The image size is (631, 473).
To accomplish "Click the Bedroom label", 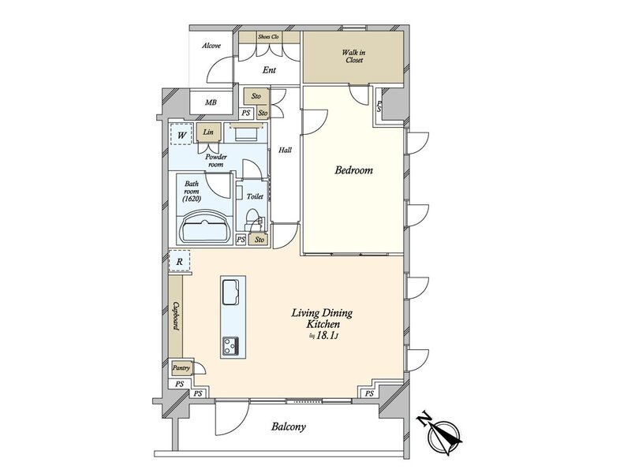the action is click(353, 170).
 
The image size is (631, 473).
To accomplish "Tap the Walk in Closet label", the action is click(353, 56).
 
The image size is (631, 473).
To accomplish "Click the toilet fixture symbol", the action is click(254, 221).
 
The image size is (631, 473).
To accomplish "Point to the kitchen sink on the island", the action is click(230, 292).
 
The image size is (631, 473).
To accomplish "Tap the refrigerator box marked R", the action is click(180, 262).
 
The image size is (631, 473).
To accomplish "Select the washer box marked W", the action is click(181, 135).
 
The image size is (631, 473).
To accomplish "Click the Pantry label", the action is click(181, 367).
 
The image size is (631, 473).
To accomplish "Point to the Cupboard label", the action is click(176, 316).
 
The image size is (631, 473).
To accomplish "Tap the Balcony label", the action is click(288, 426).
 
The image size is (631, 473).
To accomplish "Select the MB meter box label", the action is click(211, 102).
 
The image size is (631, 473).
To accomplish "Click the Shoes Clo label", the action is click(268, 37).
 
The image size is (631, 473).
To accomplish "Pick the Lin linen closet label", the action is click(208, 132).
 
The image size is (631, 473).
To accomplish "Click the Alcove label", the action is click(211, 46).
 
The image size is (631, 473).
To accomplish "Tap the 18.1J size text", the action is click(323, 337).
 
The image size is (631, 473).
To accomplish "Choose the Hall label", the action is click(286, 150).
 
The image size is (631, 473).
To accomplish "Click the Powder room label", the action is click(216, 161).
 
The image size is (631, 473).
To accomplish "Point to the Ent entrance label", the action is click(269, 70).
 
